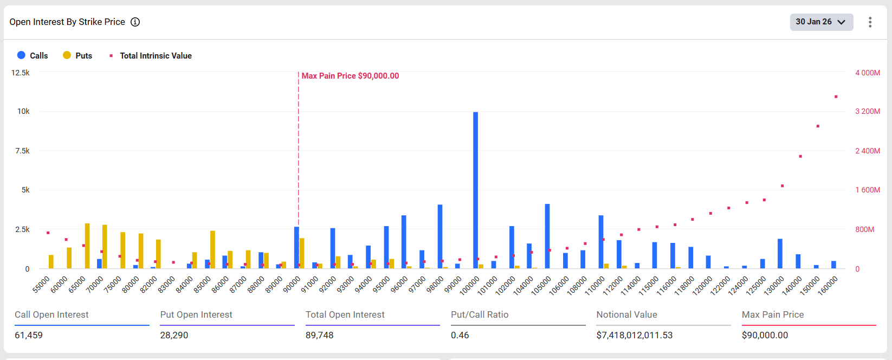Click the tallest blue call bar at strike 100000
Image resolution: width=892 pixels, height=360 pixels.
(x=475, y=190)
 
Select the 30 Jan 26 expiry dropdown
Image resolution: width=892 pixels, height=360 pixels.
(x=821, y=22)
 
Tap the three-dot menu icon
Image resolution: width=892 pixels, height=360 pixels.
(x=870, y=22)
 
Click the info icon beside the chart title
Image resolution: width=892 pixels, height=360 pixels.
(x=135, y=22)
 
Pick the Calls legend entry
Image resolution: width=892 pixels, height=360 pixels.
(x=33, y=55)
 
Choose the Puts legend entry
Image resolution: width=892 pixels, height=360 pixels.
(x=77, y=55)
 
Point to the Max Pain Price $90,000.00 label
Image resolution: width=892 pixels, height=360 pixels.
(x=350, y=76)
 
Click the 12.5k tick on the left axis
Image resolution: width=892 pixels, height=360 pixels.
(x=21, y=73)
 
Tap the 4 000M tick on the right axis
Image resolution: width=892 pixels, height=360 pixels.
(x=867, y=73)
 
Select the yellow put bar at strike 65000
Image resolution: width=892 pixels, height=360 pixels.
(x=87, y=246)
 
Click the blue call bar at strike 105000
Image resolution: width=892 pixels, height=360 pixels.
(x=547, y=236)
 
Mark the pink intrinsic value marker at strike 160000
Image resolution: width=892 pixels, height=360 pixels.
(x=836, y=97)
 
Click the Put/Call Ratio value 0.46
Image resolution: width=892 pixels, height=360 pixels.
(x=460, y=335)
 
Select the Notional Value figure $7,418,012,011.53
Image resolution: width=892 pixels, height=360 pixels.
(x=634, y=335)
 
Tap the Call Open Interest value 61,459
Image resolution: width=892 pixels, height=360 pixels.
(x=29, y=335)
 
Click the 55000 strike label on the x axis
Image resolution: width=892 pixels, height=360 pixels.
(x=41, y=284)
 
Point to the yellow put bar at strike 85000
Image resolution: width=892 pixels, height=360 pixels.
(x=213, y=249)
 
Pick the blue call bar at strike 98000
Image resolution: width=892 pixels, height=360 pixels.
(x=440, y=236)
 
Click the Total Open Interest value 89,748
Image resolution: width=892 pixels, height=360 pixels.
(x=319, y=335)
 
